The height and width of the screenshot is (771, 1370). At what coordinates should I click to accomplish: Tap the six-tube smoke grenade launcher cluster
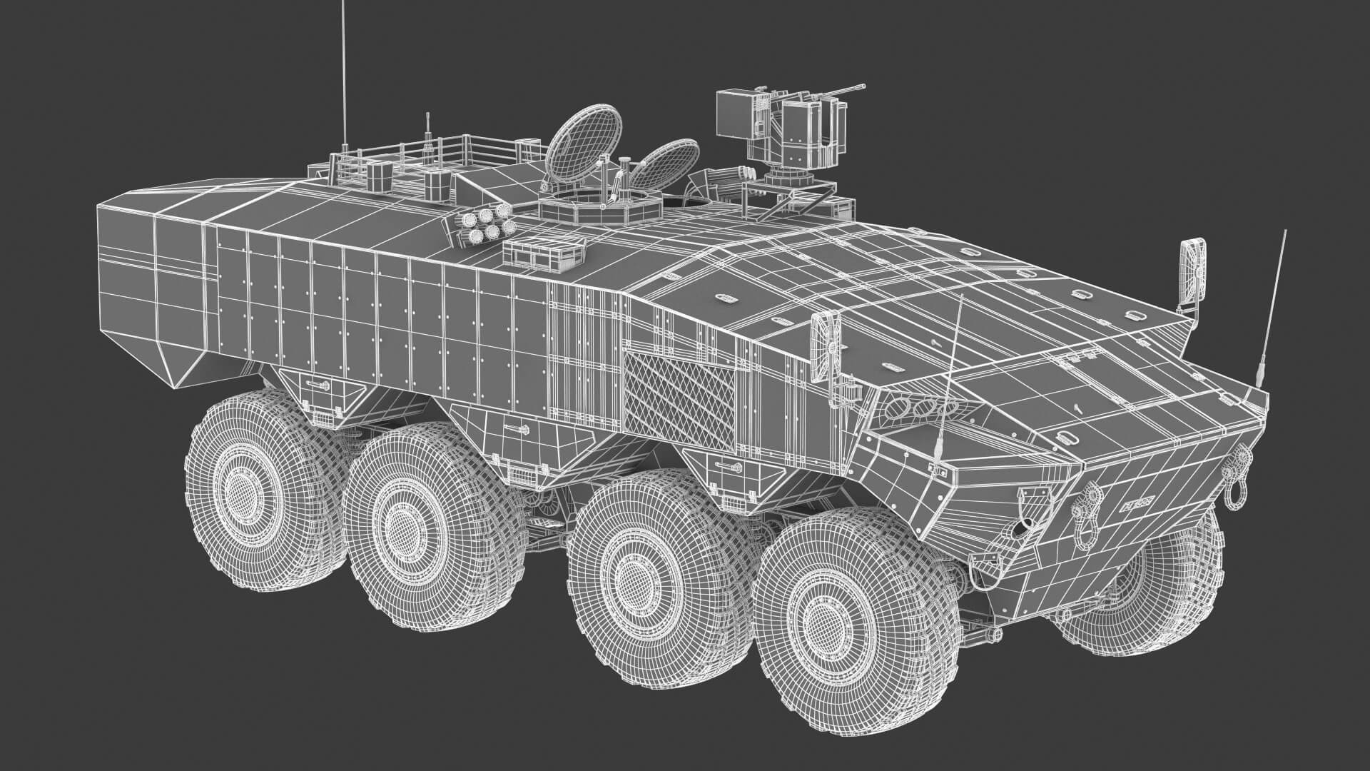(x=487, y=221)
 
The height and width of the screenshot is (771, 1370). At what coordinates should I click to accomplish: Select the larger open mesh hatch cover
(x=582, y=143)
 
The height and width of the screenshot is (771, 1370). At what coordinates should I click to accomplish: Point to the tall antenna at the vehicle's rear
(x=344, y=71)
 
